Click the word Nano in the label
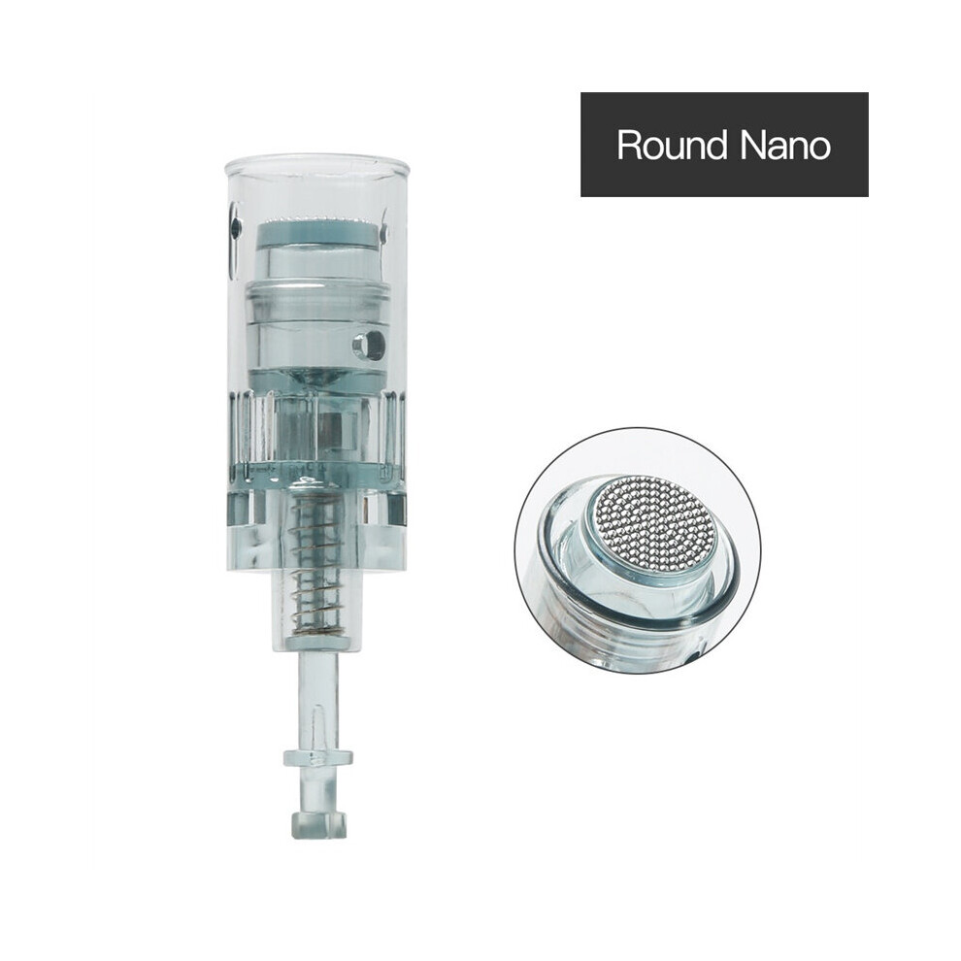[x=785, y=146]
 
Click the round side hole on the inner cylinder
[x=368, y=343]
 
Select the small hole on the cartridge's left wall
[x=235, y=228]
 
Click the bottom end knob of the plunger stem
[x=317, y=824]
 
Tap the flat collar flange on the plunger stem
[x=317, y=757]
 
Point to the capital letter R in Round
[x=630, y=146]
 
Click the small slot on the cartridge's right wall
[x=385, y=232]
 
